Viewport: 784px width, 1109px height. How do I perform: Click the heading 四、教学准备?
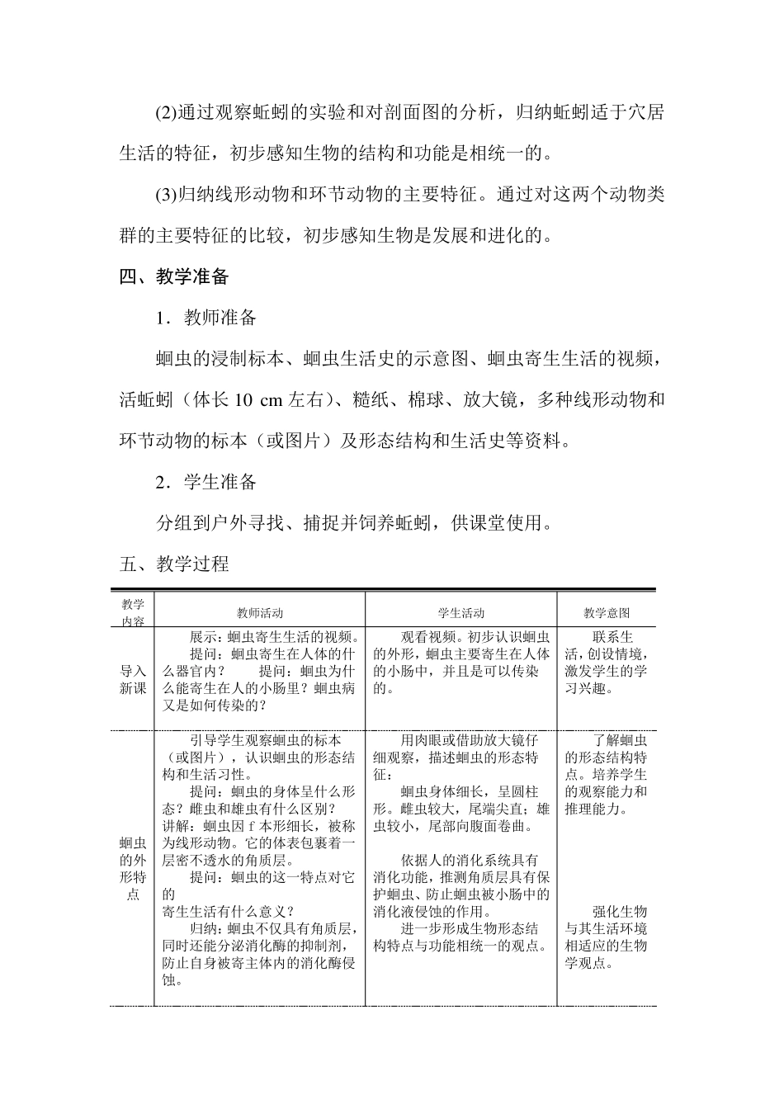tap(173, 276)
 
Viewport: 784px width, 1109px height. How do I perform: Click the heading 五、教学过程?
tap(173, 564)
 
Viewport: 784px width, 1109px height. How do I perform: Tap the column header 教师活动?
tap(260, 613)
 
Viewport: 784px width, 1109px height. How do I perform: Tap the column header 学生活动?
tap(460, 613)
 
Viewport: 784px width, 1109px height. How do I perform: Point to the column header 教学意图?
tap(607, 613)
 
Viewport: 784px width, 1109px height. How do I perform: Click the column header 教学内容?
tap(133, 613)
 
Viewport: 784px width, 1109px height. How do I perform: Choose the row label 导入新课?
tap(133, 680)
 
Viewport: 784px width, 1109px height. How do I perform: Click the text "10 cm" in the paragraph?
tap(258, 400)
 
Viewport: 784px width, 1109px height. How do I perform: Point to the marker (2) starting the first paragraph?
tap(166, 112)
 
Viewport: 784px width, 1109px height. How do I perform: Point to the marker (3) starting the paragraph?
tap(166, 195)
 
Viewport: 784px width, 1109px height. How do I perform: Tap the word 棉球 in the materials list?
tap(426, 400)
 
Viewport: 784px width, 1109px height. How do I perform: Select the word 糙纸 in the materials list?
tap(371, 400)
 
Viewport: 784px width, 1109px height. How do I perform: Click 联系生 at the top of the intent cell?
tap(612, 637)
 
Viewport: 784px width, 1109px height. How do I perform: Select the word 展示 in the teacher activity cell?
tap(203, 637)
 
